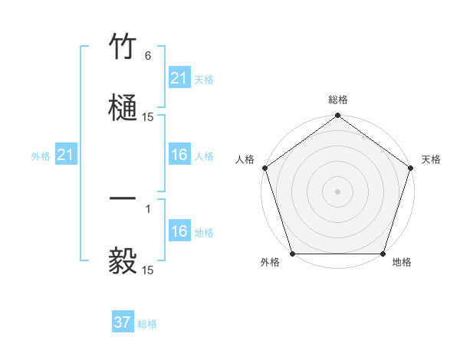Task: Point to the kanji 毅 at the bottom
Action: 123,260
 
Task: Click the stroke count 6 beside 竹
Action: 147,56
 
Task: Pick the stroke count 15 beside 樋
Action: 148,117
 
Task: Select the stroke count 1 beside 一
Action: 148,208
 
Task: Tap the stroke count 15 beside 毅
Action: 148,270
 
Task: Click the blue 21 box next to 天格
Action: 179,78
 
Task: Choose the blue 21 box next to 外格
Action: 66,155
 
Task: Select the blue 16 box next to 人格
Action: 179,155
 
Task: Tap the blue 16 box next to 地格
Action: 179,231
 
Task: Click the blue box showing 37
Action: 122,323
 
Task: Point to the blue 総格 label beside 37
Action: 147,324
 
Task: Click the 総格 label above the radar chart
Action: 337,100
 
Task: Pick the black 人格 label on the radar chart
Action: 244,159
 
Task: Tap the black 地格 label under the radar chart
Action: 401,262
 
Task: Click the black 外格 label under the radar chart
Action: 270,262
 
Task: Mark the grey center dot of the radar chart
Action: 337,191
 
